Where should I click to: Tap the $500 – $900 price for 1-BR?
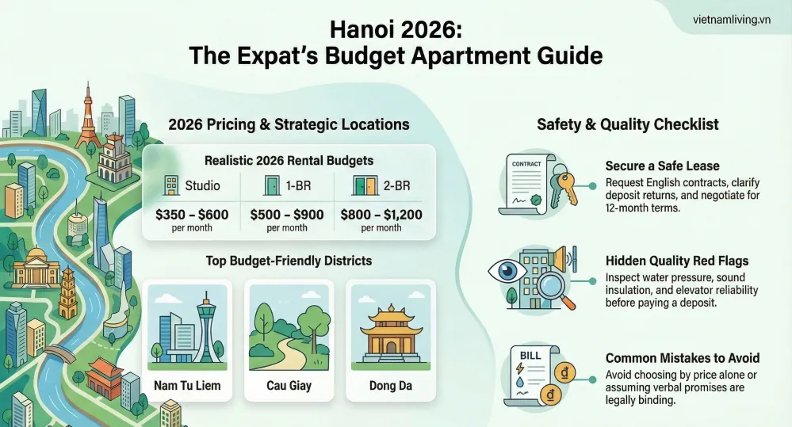[x=287, y=214]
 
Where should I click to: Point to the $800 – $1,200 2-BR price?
[x=381, y=214]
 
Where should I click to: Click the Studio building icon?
[x=170, y=186]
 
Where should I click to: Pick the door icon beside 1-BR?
[x=270, y=186]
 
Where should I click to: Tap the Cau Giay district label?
[x=289, y=387]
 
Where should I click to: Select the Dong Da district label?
[x=392, y=387]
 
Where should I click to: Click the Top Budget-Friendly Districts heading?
[x=289, y=260]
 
